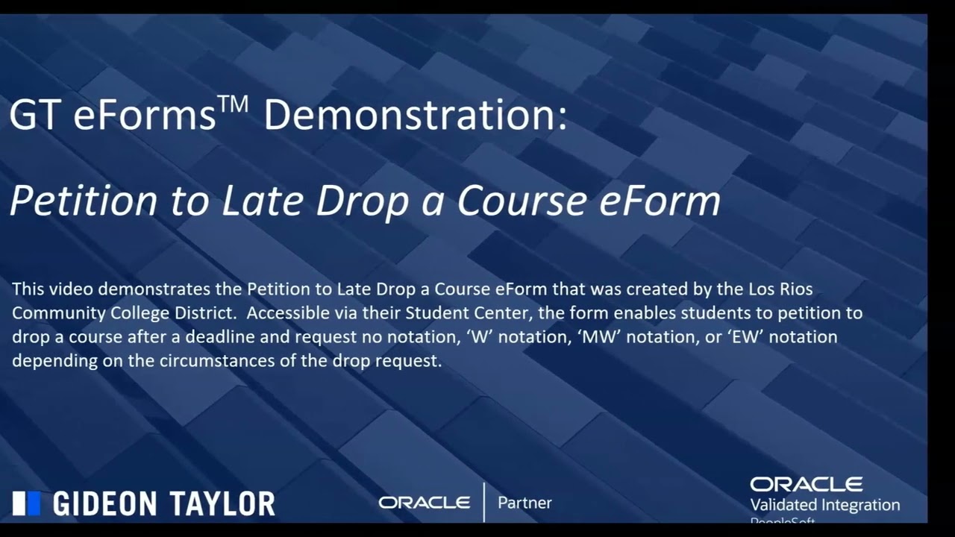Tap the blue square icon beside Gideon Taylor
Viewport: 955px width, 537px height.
point(26,503)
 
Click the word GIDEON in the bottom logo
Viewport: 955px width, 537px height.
point(101,504)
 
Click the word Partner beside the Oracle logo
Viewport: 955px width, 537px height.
point(525,503)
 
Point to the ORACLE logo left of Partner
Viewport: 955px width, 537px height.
point(424,503)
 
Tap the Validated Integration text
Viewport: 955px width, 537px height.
point(824,505)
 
